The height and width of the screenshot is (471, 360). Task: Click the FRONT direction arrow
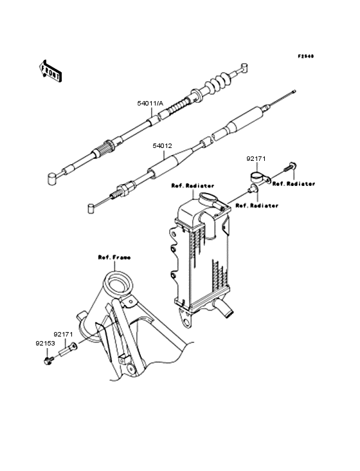tap(50, 71)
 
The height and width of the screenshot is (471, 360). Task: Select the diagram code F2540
tap(306, 56)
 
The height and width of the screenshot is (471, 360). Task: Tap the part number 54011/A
tap(150, 104)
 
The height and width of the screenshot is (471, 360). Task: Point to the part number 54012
tap(162, 146)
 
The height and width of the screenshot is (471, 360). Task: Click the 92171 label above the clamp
tap(256, 158)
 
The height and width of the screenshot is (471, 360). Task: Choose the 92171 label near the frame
tap(63, 334)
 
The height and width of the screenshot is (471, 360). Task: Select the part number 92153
tap(45, 343)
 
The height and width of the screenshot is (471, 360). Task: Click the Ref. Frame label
tap(114, 257)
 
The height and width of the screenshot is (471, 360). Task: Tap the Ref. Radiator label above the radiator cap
tap(193, 186)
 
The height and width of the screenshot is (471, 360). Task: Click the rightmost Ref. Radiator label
tap(294, 183)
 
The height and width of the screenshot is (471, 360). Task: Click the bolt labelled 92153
tap(49, 360)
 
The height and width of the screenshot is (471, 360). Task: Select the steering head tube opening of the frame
tap(118, 284)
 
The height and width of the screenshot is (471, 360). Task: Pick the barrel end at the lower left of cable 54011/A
tap(53, 179)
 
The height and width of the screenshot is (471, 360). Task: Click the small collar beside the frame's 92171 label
tap(68, 349)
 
